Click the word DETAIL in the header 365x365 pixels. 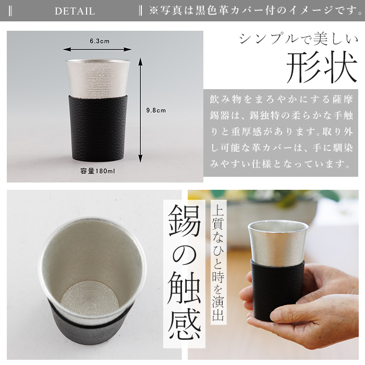click(75, 11)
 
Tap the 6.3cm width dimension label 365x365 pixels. click(99, 41)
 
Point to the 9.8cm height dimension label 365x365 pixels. click(155, 110)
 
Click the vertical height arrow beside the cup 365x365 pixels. click(140, 110)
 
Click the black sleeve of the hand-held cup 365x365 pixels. click(278, 289)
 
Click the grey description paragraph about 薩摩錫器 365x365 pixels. click(278, 131)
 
